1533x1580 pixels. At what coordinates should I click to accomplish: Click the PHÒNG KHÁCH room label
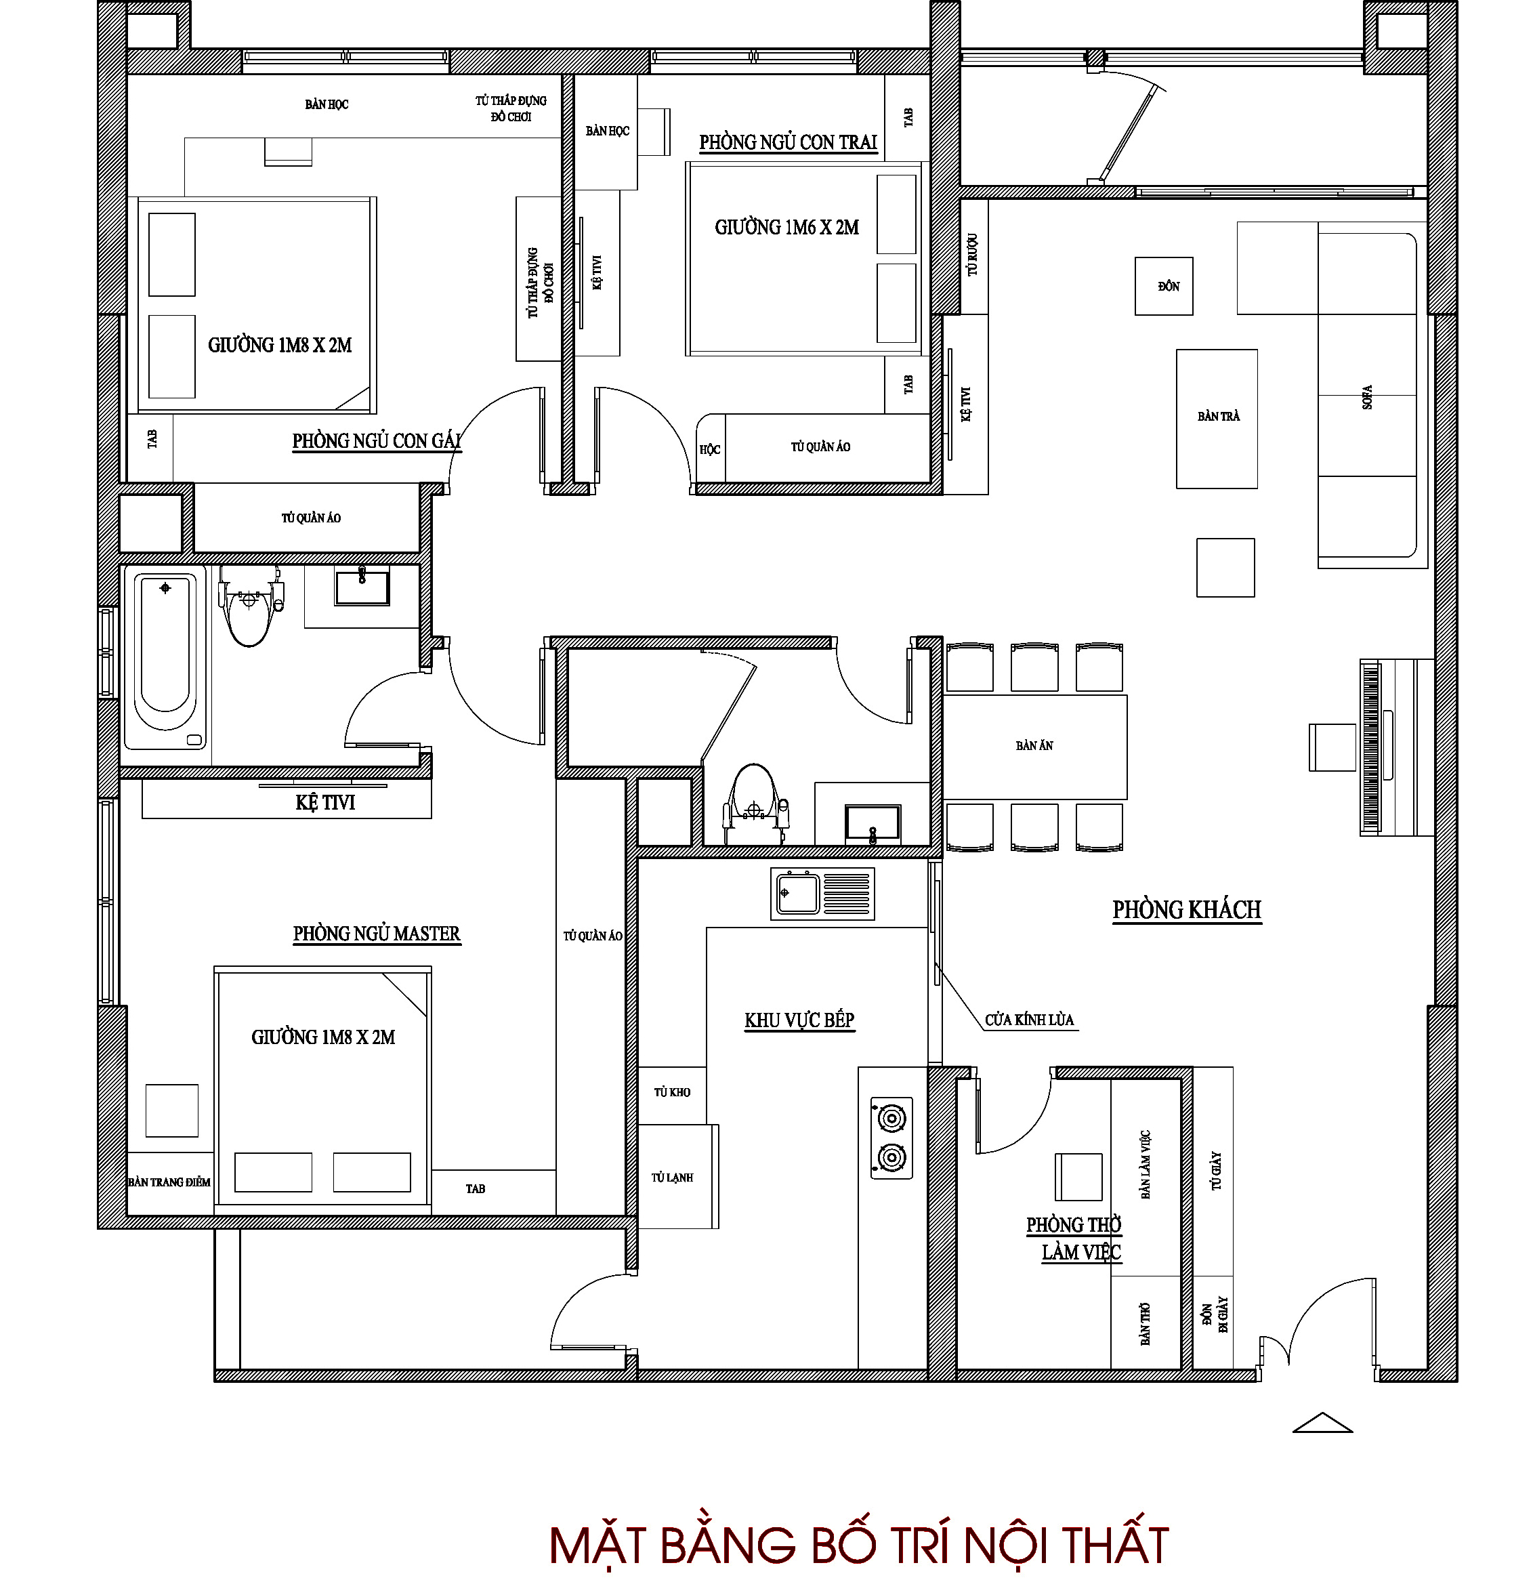coord(1186,909)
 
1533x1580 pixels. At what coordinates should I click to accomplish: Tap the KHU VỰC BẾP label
coord(799,1020)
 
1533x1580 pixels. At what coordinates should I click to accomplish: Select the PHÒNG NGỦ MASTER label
coord(377,934)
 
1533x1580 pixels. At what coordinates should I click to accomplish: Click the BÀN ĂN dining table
coord(1035,747)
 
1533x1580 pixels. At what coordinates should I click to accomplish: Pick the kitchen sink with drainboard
coord(822,893)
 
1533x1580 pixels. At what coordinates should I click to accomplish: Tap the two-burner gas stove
coord(891,1138)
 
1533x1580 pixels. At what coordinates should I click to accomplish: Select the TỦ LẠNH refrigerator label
coord(672,1177)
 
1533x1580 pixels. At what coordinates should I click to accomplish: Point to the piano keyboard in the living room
coord(1370,747)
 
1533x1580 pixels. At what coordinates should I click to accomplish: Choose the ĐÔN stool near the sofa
coord(1164,286)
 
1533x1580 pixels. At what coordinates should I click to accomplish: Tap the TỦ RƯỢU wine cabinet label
coord(973,255)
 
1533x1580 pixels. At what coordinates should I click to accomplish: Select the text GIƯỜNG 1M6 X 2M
coord(786,228)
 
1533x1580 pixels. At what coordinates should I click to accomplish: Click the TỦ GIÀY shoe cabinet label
coord(1216,1171)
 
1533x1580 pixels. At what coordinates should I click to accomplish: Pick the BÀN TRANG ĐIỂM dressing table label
coord(169,1182)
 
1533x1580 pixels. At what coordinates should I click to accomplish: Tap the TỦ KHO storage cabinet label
coord(672,1092)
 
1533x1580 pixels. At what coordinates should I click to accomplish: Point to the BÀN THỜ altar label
coord(1145,1324)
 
